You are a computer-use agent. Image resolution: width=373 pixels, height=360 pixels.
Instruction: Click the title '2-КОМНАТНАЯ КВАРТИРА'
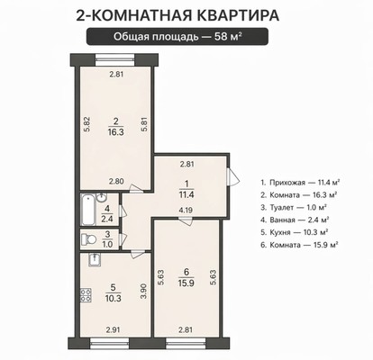click(186, 15)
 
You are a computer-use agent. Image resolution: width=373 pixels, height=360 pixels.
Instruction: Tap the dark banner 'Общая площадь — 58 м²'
click(186, 37)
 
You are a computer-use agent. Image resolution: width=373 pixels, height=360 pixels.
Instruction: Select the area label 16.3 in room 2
click(114, 130)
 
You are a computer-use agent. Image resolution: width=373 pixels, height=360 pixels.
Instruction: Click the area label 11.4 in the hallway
click(187, 192)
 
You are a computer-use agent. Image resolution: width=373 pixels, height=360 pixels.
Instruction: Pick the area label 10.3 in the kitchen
click(114, 298)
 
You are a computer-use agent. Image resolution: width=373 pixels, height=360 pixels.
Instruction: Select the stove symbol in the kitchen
click(86, 294)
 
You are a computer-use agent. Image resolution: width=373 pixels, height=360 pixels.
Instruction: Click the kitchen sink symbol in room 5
click(93, 260)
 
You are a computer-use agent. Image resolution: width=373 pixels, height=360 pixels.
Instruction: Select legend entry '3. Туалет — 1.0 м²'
click(294, 206)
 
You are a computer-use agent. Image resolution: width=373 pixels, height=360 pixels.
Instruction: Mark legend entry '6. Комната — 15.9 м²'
click(297, 244)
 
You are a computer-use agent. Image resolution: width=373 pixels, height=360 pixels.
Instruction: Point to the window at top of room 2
click(114, 59)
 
